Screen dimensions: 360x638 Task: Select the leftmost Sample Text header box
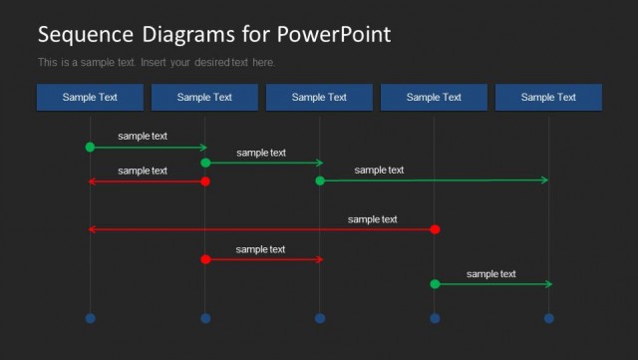(x=90, y=97)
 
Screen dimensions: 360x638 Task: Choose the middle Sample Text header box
(x=319, y=97)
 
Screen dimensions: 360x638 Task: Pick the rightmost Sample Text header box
(x=548, y=97)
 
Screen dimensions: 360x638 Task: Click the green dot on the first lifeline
(x=90, y=147)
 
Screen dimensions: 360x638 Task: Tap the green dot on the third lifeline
(x=320, y=180)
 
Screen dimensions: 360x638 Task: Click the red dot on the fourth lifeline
(x=435, y=229)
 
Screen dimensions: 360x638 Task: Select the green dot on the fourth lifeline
(x=435, y=284)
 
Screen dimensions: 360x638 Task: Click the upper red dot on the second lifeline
(x=205, y=181)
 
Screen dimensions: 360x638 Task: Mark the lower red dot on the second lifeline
(x=205, y=259)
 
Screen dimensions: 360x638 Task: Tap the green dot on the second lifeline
(x=205, y=163)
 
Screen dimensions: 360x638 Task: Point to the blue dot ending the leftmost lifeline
(x=90, y=318)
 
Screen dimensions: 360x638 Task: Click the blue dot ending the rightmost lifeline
(x=548, y=318)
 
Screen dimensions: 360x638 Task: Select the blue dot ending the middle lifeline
(x=320, y=318)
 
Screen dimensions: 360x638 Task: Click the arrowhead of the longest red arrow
(x=92, y=229)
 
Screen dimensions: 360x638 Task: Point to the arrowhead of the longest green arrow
(x=545, y=180)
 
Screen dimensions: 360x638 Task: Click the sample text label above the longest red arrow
(x=373, y=219)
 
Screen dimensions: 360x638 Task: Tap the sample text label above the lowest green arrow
(x=491, y=274)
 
